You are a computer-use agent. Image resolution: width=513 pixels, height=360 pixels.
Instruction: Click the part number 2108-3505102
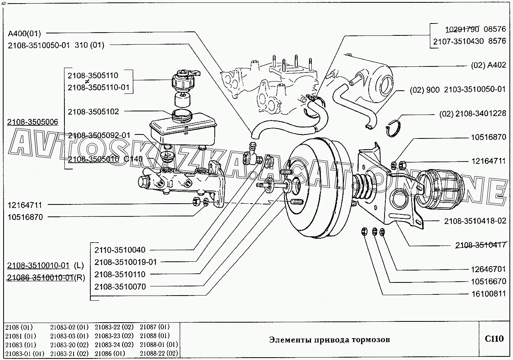pyautogui.click(x=93, y=112)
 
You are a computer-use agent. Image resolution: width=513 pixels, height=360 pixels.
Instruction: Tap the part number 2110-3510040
pyautogui.click(x=120, y=250)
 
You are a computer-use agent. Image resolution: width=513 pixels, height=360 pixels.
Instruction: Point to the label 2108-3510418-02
pyautogui.click(x=475, y=220)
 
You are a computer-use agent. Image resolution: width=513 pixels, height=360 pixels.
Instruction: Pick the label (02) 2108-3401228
pyautogui.click(x=473, y=114)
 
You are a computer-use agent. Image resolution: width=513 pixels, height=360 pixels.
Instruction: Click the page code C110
pyautogui.click(x=494, y=339)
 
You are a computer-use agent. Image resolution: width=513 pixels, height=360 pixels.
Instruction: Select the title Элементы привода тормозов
pyautogui.click(x=329, y=339)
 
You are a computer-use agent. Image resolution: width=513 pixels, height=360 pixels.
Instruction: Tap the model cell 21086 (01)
pyautogui.click(x=110, y=353)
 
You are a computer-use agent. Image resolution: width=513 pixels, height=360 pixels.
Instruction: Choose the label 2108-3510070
pyautogui.click(x=120, y=286)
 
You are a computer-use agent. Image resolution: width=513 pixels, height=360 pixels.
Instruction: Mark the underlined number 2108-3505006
pyautogui.click(x=33, y=123)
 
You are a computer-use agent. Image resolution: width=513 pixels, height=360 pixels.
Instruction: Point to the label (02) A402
pyautogui.click(x=488, y=65)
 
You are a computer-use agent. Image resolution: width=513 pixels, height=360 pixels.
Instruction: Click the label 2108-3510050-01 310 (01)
pyautogui.click(x=56, y=45)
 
